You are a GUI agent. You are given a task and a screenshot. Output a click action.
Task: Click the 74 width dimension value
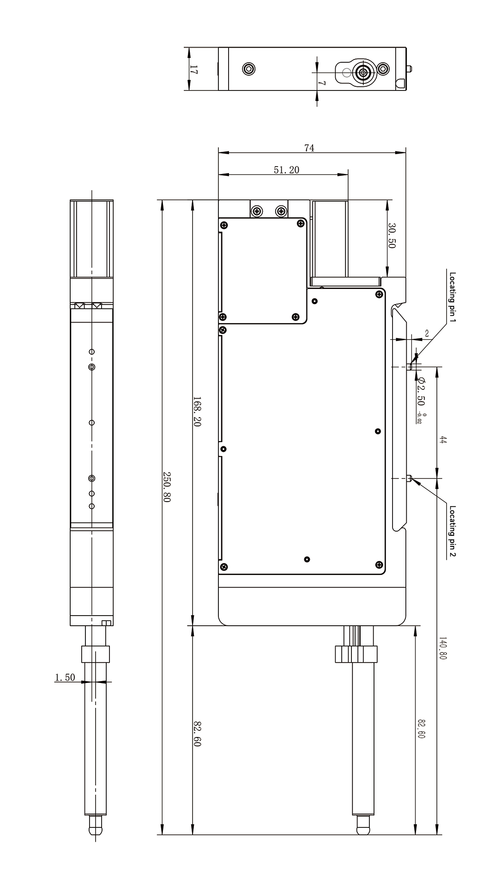[309, 148]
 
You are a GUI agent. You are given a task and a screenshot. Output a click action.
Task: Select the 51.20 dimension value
[286, 170]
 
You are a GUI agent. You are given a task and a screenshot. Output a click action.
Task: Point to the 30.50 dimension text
[392, 236]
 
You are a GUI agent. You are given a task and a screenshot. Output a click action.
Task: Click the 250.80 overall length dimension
[166, 487]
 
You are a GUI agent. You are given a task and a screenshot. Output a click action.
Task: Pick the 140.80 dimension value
[442, 648]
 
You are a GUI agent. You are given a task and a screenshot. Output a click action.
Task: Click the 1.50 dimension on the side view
[65, 677]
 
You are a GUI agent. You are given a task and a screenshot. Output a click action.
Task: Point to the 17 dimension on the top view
[193, 70]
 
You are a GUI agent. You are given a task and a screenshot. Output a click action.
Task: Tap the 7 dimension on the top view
[323, 84]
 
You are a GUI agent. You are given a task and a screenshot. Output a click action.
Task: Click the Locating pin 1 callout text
[453, 298]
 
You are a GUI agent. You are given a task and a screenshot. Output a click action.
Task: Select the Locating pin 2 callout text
[453, 531]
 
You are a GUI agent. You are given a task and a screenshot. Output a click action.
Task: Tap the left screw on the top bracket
[257, 211]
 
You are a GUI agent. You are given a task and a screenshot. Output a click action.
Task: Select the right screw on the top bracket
[281, 211]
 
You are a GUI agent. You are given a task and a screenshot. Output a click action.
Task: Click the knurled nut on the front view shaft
[356, 654]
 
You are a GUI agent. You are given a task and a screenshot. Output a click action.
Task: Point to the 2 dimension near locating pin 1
[427, 333]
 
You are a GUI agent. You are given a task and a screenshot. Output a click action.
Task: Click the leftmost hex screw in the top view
[249, 70]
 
